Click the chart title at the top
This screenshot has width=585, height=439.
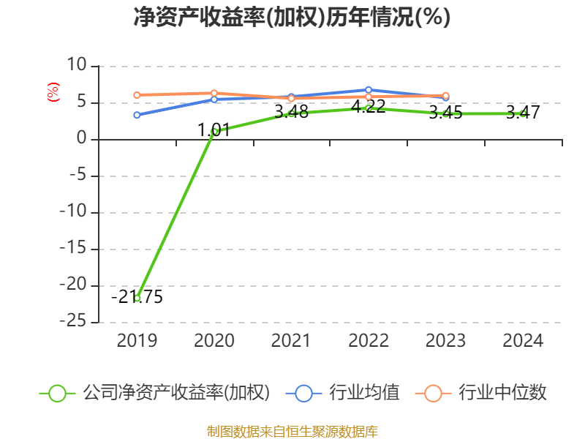(292, 17)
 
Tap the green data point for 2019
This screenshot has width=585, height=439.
(137, 299)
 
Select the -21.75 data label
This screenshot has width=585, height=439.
(137, 297)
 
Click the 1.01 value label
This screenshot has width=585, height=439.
(214, 130)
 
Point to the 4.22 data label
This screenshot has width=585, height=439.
(369, 107)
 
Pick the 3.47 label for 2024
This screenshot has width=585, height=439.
(523, 113)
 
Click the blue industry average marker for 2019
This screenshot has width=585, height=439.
(137, 115)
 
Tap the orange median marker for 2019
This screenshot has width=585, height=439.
(137, 95)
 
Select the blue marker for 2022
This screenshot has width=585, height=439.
(369, 90)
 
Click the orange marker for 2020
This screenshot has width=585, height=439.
(214, 93)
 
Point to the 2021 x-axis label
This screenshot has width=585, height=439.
(291, 341)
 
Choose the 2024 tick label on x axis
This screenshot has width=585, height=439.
(523, 341)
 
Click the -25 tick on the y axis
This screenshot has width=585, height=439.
(73, 321)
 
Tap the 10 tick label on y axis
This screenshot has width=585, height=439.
(77, 65)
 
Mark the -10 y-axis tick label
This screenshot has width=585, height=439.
(73, 211)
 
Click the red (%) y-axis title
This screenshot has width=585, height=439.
(53, 92)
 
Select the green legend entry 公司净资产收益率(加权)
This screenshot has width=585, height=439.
(154, 393)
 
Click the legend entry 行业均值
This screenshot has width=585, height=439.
(342, 393)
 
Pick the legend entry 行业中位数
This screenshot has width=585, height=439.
(480, 393)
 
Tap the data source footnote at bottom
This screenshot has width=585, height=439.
(292, 432)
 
